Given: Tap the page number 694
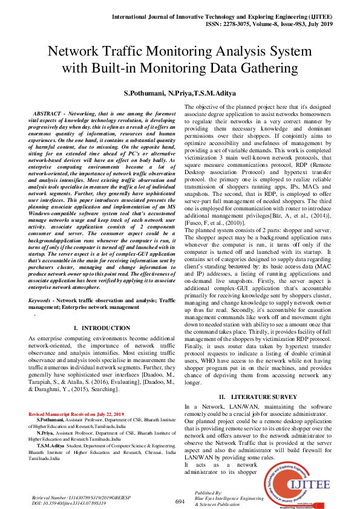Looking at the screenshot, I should click(180, 484).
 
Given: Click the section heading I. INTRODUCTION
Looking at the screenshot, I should click(101, 328).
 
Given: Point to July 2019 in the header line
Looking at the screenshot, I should click(319, 24).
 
